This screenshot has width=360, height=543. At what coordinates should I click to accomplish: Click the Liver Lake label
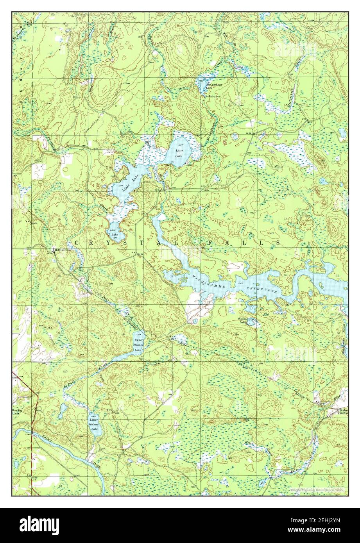click(179, 153)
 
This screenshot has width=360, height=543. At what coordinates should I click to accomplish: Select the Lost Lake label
click(114, 233)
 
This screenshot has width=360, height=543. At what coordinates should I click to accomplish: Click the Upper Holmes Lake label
click(138, 343)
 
